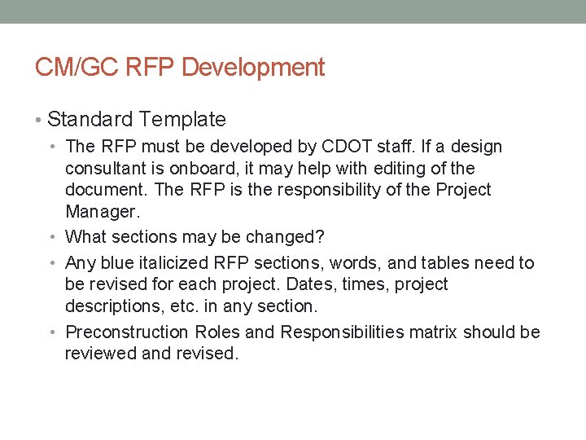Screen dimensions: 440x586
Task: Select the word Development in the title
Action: [x=253, y=68]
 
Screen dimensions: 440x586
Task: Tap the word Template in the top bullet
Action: [x=181, y=120]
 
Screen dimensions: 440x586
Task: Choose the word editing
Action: [x=405, y=169]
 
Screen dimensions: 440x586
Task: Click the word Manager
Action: [x=102, y=212]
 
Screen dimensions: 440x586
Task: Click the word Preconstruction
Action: [x=128, y=332]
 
